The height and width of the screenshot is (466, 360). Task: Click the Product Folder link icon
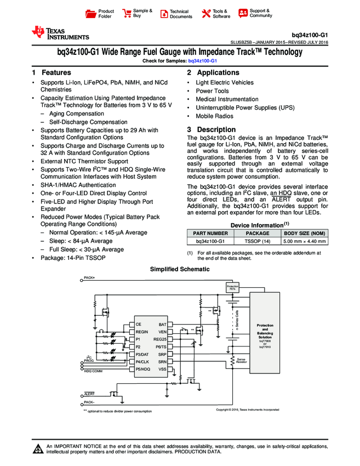coord(91,14)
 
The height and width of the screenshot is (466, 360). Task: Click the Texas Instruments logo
coord(60,33)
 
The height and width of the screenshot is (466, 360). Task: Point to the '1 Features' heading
coord(52,73)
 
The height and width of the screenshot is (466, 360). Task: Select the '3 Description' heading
coord(212,130)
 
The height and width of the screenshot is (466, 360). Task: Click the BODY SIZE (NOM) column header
coord(305,233)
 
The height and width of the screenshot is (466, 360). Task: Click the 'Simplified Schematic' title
coord(180,269)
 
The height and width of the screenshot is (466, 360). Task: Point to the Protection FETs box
coord(232,288)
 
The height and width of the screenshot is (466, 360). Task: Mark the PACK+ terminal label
coord(89,278)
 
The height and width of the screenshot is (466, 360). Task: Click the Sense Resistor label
coord(242,361)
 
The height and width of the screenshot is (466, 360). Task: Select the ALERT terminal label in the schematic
coord(89,394)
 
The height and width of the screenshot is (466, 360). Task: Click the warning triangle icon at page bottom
coord(38,450)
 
